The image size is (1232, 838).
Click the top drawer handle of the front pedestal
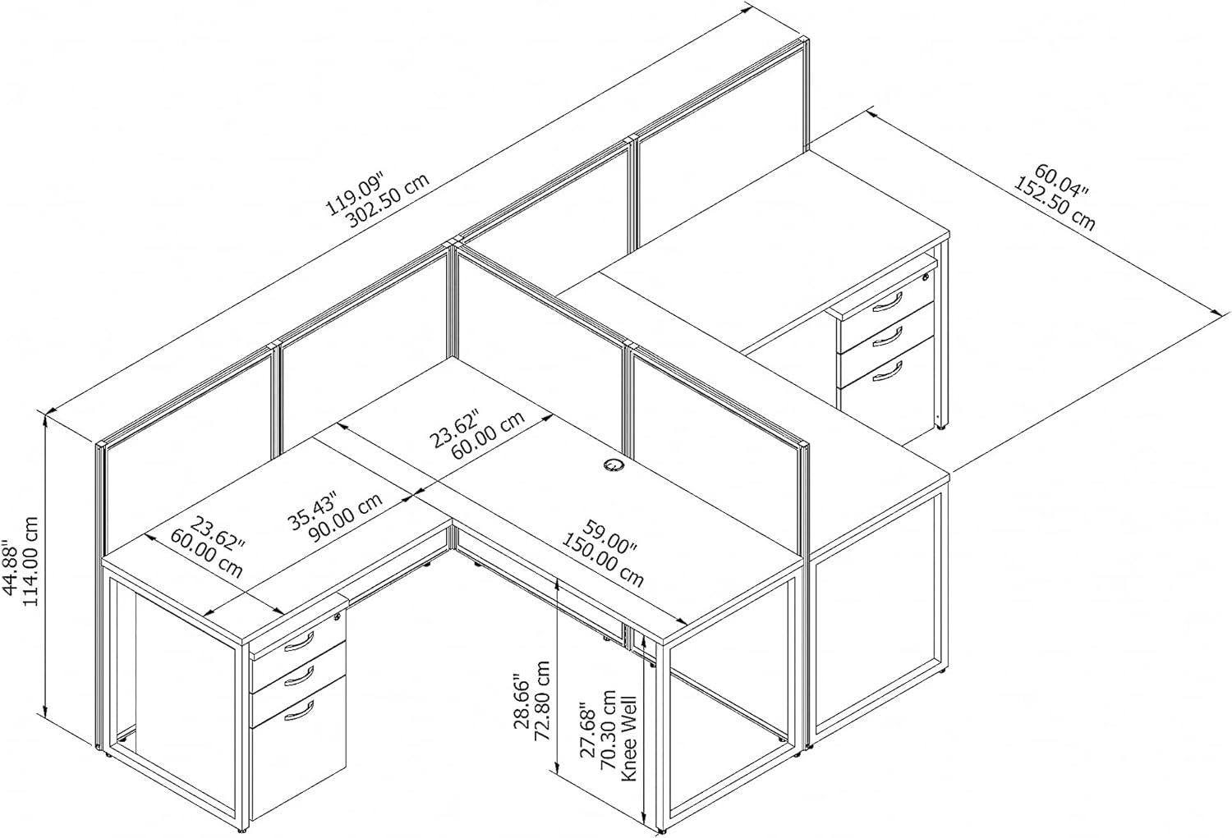299,641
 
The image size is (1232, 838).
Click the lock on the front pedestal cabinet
336,616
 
